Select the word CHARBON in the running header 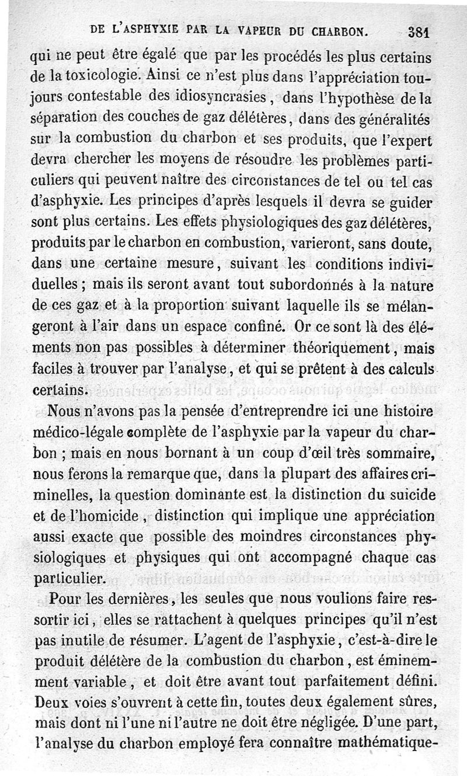341,30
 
